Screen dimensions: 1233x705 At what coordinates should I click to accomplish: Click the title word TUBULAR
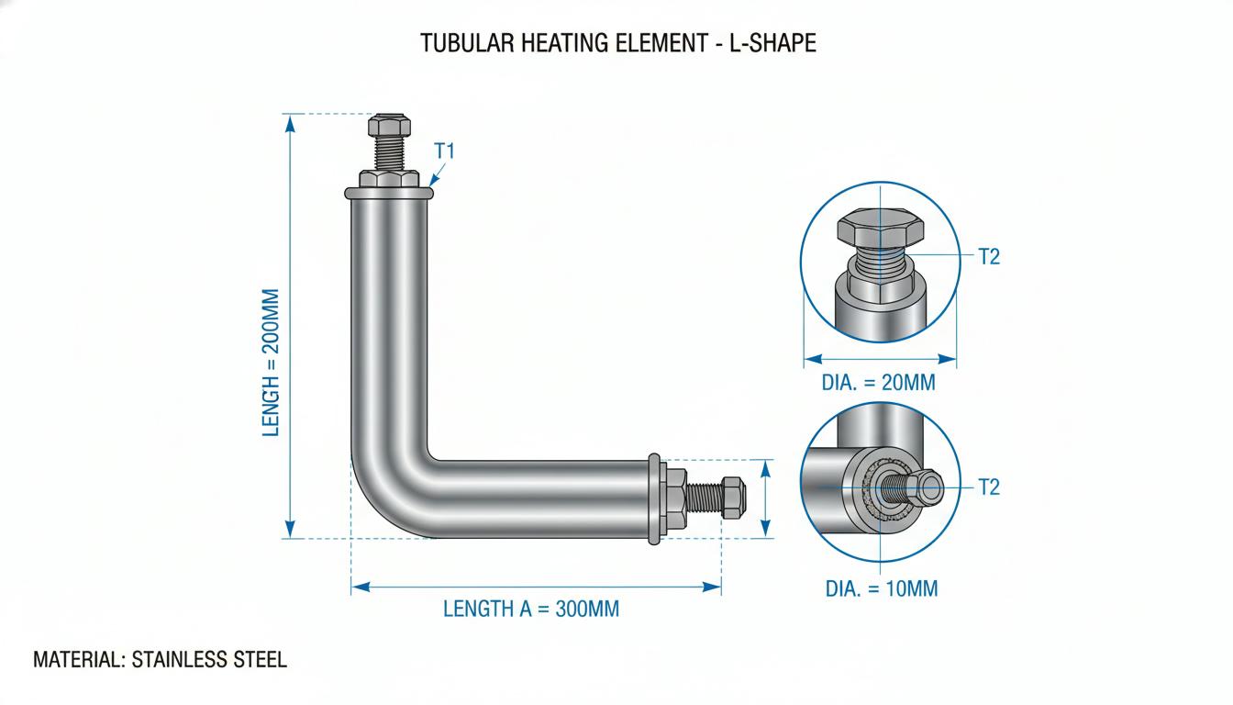[x=467, y=43]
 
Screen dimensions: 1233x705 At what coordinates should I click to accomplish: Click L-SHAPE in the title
[x=772, y=43]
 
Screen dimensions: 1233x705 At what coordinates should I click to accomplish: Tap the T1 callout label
[x=444, y=151]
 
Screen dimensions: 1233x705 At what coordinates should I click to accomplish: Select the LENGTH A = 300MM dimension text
[x=531, y=609]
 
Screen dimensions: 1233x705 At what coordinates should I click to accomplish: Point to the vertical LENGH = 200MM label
[x=271, y=363]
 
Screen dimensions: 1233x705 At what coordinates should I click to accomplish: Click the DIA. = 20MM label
[x=879, y=382]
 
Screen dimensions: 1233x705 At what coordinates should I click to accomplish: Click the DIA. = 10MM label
[x=882, y=588]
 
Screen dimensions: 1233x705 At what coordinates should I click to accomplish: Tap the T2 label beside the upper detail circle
[x=989, y=257]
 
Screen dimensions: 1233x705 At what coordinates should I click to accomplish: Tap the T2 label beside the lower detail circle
[x=989, y=487]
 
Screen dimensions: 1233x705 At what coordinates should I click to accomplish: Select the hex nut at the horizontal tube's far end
[x=733, y=498]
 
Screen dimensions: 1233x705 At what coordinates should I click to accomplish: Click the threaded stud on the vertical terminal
[x=389, y=153]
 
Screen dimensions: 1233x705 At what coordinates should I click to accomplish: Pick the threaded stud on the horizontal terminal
[x=704, y=498]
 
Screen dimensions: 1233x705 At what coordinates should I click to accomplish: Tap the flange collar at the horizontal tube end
[x=654, y=498]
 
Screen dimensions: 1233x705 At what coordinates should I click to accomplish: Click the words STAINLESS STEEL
[x=209, y=659]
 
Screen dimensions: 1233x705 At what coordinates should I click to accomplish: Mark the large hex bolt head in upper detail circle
[x=880, y=227]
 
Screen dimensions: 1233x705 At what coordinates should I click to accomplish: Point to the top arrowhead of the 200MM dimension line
[x=290, y=124]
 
